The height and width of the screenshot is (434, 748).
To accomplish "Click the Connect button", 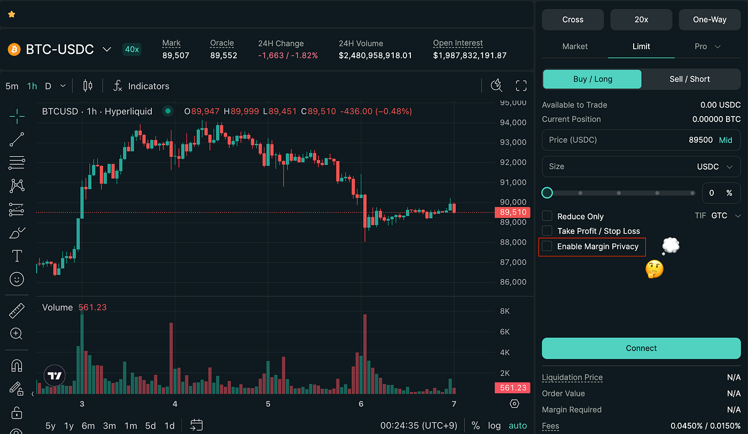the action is tap(641, 348).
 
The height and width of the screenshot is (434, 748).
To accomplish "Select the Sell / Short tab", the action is tap(690, 79).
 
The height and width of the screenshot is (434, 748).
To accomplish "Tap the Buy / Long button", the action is tap(592, 79).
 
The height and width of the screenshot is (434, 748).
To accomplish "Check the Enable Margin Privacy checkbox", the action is tap(547, 246).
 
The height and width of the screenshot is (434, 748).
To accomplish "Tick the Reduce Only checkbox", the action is tap(547, 216).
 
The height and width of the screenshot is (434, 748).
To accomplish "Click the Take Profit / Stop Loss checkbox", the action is tap(547, 231).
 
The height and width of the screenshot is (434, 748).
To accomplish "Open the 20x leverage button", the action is tap(641, 20).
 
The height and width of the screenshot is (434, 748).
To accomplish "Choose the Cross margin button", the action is tap(573, 20).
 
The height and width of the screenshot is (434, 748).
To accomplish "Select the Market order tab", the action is tap(575, 47).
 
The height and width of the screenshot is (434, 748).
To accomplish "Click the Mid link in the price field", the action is tap(726, 140).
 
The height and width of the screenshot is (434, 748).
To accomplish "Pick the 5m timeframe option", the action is tap(12, 86).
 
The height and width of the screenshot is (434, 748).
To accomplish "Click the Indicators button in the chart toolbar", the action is tap(142, 86).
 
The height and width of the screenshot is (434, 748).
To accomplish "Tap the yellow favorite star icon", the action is tap(12, 14).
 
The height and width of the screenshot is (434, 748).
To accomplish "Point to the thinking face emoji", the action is tap(654, 269).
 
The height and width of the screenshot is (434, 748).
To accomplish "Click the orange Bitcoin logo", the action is tap(14, 49).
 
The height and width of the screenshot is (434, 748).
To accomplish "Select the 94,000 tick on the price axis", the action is tap(513, 123).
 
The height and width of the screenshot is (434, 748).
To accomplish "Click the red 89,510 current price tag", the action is tap(512, 212).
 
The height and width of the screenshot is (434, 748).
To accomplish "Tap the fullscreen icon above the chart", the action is tap(521, 86).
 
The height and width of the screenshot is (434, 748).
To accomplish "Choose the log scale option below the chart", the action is tap(494, 425).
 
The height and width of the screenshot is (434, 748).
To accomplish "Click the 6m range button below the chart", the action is tap(88, 425).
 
